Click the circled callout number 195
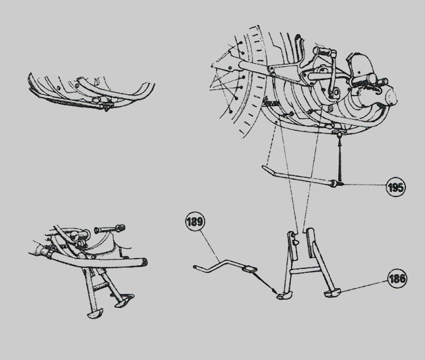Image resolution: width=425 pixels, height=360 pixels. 396,187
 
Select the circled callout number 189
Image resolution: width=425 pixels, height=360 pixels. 195,221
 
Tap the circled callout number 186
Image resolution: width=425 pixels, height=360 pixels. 396,278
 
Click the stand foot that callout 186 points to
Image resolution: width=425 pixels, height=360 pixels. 332,293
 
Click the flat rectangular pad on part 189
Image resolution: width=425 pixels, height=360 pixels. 250,270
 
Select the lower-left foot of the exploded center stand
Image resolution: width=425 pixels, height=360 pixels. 282,295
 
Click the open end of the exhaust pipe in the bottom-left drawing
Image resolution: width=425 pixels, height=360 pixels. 144,262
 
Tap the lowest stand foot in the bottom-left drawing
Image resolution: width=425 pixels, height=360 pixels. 95,313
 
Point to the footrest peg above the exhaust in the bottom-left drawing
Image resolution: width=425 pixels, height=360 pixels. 109,228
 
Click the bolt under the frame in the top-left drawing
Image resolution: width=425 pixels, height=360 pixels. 106,108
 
